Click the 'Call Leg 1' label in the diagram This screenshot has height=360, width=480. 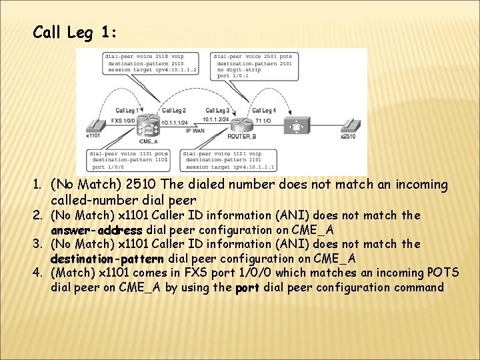click(x=127, y=110)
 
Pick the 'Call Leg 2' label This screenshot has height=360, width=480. click(x=173, y=110)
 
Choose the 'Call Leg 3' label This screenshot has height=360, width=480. click(x=217, y=110)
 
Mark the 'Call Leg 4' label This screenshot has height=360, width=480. click(x=264, y=110)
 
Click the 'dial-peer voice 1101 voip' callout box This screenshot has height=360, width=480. click(x=229, y=160)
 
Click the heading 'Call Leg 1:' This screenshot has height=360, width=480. click(x=75, y=32)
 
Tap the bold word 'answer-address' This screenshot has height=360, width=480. click(x=97, y=230)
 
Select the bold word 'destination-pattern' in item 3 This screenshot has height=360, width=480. click(x=107, y=258)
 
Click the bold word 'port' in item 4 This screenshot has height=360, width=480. click(x=248, y=287)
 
